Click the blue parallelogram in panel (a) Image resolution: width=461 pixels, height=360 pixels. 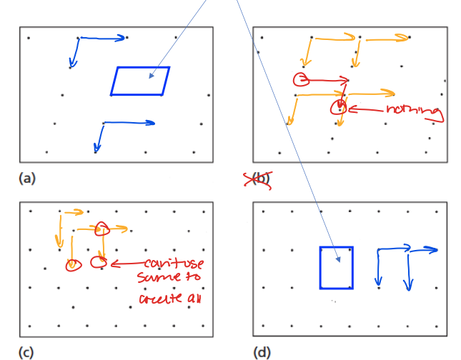(140, 81)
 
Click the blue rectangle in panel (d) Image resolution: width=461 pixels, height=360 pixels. (336, 268)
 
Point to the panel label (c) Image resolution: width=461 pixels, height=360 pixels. (26, 351)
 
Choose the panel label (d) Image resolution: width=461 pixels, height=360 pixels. (262, 351)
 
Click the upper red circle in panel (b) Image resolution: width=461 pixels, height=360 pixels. (301, 79)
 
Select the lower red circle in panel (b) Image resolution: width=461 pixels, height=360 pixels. (338, 109)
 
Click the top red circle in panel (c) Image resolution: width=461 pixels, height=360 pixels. (101, 229)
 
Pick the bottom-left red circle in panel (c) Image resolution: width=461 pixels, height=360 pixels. (72, 265)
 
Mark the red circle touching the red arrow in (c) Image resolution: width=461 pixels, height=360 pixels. (99, 263)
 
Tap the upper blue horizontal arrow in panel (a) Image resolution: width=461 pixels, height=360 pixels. (103, 38)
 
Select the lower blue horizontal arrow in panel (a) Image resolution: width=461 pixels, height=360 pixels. (129, 123)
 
